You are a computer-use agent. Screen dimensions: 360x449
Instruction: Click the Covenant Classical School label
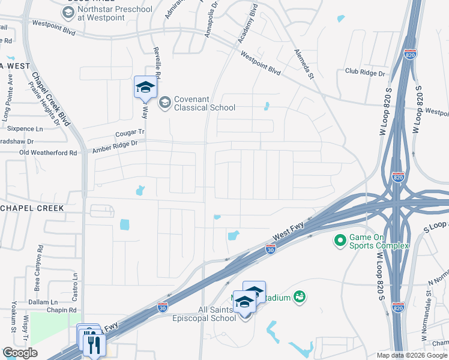204,103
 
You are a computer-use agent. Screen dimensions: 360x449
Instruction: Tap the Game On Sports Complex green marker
340,241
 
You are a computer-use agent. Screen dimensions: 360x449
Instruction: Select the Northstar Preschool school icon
68,12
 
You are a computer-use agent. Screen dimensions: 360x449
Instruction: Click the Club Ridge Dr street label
365,73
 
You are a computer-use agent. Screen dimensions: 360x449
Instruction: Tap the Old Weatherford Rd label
49,153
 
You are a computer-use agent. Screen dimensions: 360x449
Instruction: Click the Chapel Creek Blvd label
50,100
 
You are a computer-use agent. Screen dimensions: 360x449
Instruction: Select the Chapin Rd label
64,310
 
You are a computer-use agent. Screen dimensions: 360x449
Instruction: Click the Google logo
20,353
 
